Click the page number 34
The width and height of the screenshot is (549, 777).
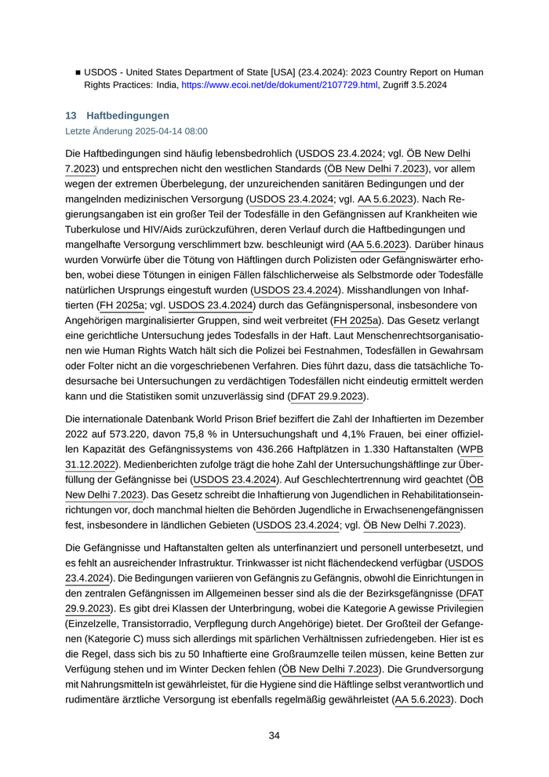tap(274, 735)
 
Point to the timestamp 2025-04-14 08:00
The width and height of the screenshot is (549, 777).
tap(169, 132)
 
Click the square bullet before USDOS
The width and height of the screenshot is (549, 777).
tap(78, 71)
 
